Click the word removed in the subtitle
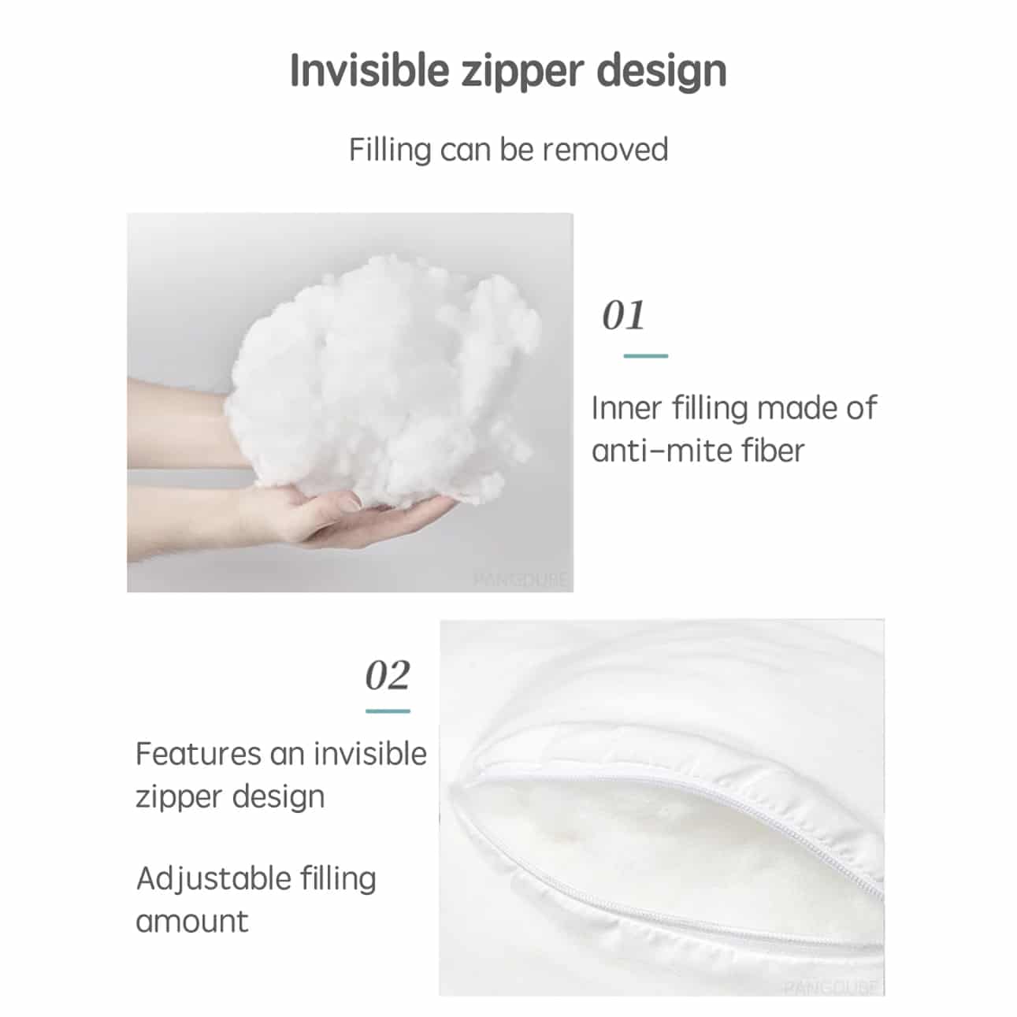[x=605, y=150]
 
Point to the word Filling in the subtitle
[x=391, y=150]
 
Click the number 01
[x=623, y=315]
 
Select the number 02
[x=388, y=675]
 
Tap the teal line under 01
[x=645, y=356]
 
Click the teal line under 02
[x=388, y=711]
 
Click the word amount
[x=192, y=922]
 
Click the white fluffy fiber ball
[x=381, y=380]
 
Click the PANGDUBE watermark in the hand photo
[x=520, y=580]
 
